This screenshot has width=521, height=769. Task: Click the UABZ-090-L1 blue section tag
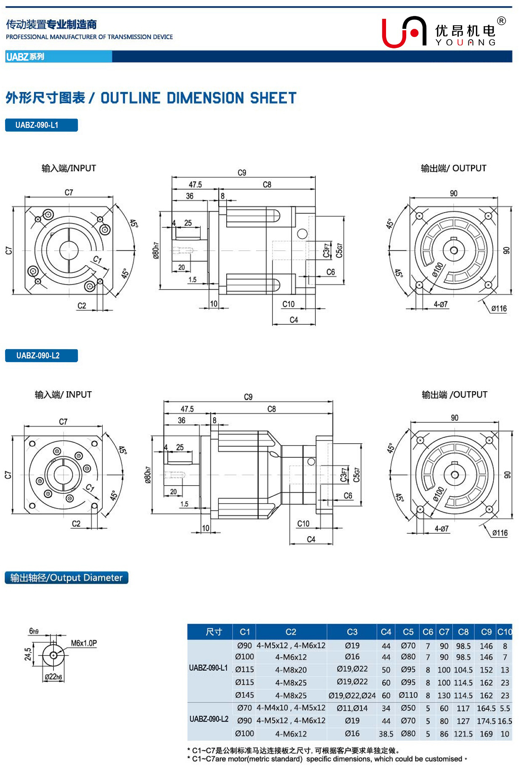41,125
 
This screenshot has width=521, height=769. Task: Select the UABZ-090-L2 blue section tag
41,356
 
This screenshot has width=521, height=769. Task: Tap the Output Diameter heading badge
66,578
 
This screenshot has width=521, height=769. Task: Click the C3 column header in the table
352,632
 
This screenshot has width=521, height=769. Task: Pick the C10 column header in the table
505,632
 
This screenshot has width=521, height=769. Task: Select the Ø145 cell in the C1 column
244,695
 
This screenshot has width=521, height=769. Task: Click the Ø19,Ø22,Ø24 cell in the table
352,695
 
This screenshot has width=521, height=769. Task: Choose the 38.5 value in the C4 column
386,734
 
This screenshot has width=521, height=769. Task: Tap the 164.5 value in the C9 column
486,708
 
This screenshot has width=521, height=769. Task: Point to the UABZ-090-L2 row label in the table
209,719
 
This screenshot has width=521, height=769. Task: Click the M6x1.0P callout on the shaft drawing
84,643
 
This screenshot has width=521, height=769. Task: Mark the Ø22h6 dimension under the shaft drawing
53,677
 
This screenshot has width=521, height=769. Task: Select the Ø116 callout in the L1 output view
499,308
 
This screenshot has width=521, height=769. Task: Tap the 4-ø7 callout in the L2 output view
442,529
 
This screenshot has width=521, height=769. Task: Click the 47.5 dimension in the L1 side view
195,184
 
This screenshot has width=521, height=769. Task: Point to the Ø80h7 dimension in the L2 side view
148,475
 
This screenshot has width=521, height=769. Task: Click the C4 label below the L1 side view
294,320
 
